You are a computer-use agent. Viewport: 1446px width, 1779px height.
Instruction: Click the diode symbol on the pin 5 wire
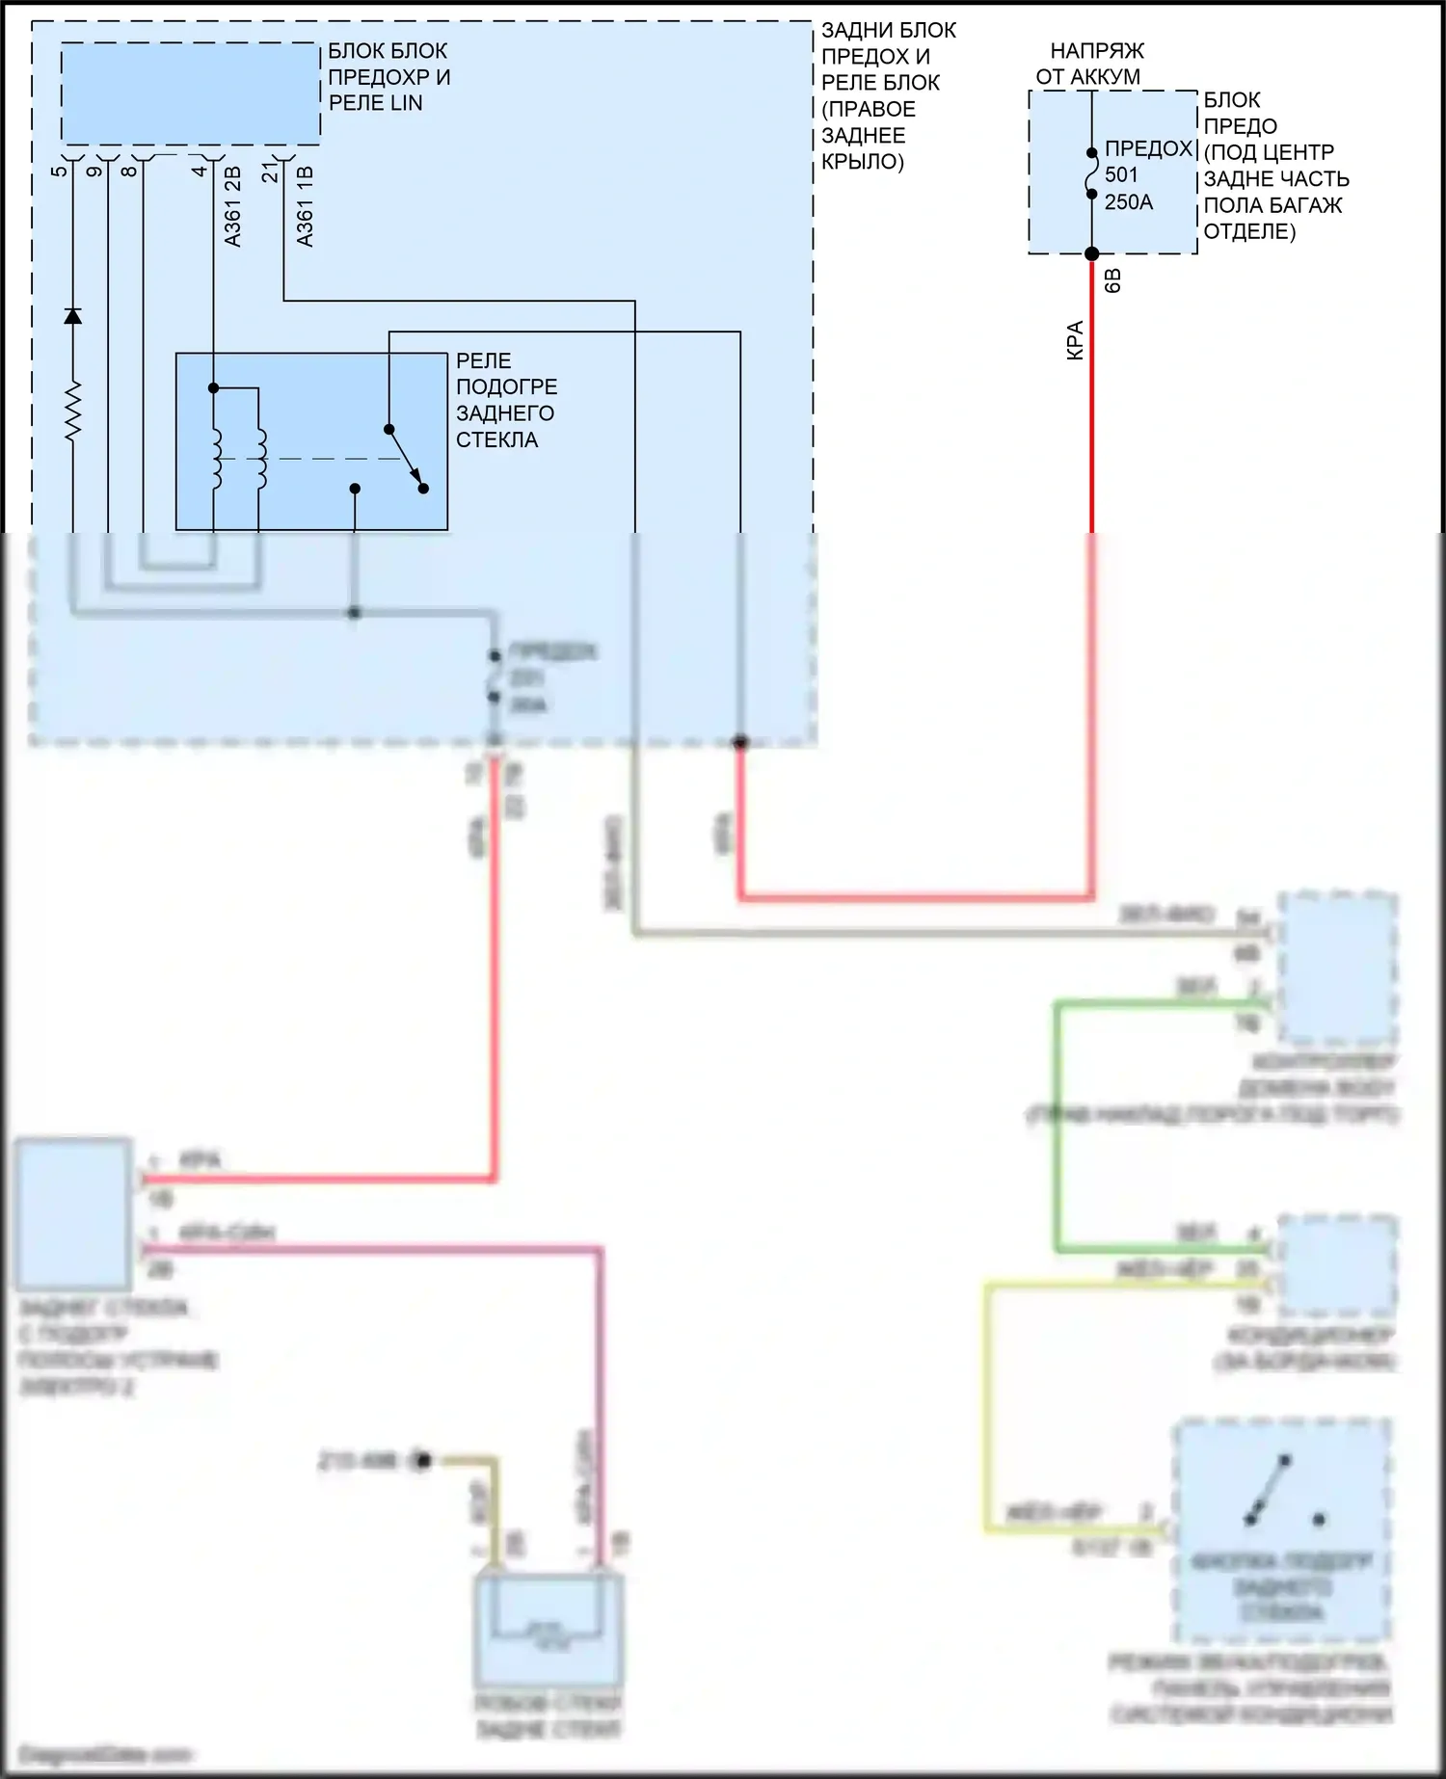click(72, 315)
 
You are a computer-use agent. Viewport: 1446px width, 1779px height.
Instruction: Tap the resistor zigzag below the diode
click(72, 412)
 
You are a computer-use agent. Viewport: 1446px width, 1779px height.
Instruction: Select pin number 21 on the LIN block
click(271, 172)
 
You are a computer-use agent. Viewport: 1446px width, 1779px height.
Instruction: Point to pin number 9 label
click(94, 172)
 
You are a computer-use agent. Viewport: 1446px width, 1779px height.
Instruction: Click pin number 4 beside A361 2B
click(200, 172)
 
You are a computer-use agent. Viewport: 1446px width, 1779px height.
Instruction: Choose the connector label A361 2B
click(232, 206)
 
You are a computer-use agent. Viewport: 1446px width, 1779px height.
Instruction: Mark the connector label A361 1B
click(305, 206)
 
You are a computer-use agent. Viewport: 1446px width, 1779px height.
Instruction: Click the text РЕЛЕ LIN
click(376, 103)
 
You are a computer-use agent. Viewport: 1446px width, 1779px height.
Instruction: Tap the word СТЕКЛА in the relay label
click(497, 439)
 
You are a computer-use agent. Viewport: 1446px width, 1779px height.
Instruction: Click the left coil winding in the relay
click(217, 458)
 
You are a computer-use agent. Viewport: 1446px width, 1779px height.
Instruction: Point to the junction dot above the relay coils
click(214, 388)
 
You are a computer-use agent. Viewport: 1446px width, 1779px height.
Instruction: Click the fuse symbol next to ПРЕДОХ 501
click(1091, 173)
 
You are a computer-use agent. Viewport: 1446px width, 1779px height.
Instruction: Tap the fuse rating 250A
click(1128, 202)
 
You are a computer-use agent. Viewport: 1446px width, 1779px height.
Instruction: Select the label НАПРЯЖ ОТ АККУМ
click(1088, 64)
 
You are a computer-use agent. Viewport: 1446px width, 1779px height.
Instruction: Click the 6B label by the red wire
click(1111, 281)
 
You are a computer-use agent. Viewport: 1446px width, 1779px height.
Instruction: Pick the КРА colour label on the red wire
click(1075, 340)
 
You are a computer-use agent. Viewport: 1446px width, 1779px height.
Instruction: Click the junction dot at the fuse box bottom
click(1091, 254)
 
